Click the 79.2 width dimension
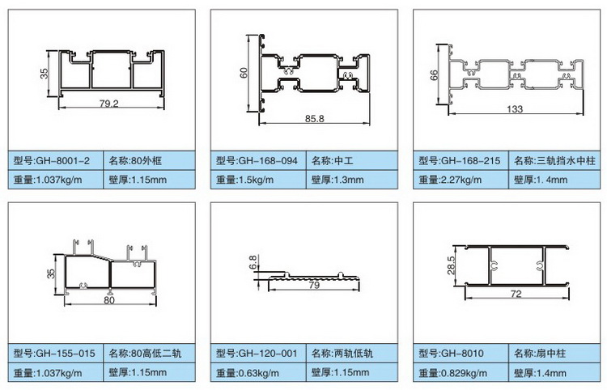[x=108, y=103]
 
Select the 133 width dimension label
[x=514, y=108]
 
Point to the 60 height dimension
[x=243, y=73]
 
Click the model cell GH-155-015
[x=56, y=353]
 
